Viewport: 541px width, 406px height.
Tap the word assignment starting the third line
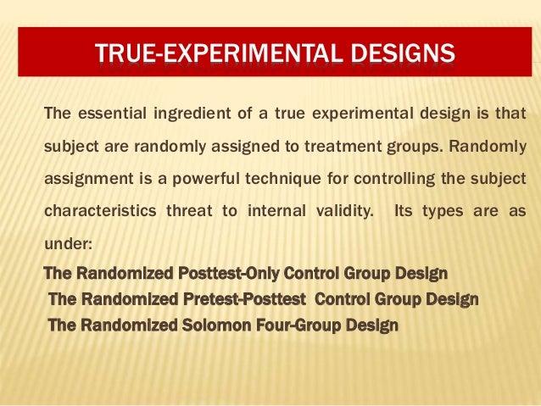(x=83, y=178)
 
